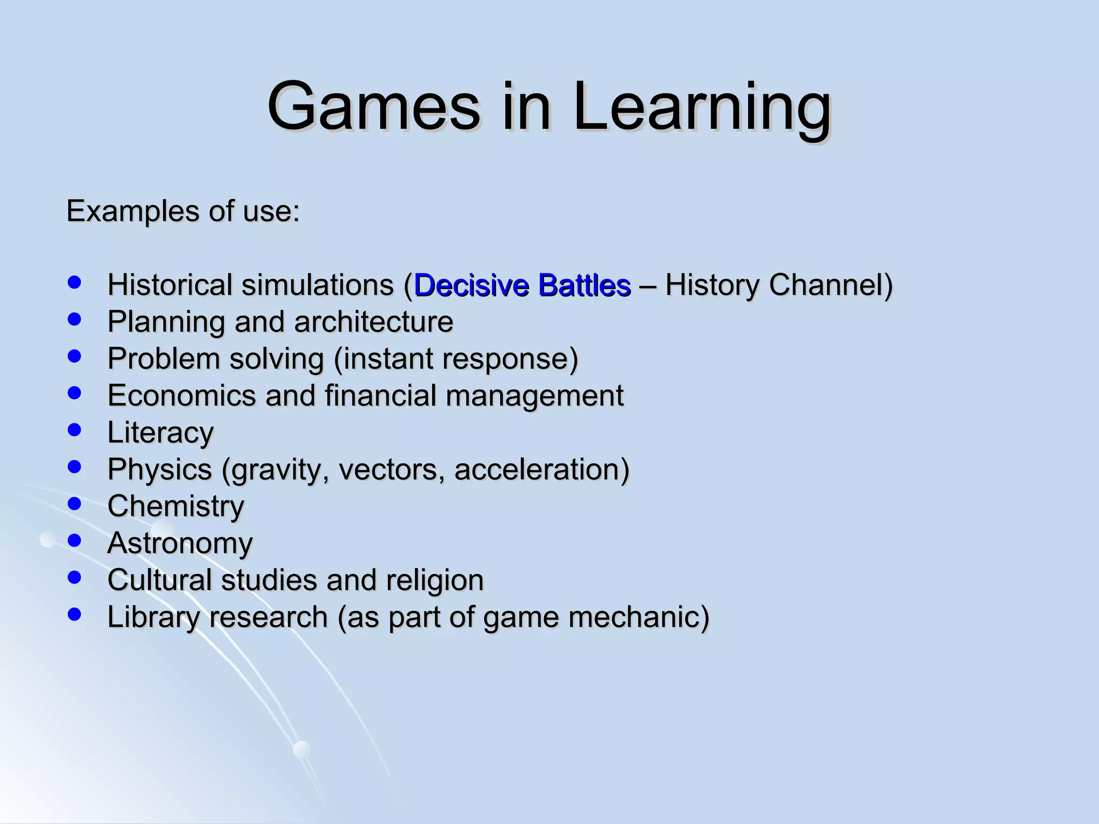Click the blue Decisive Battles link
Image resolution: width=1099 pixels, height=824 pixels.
pyautogui.click(x=522, y=285)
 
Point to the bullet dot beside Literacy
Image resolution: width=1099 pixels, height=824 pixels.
pyautogui.click(x=75, y=429)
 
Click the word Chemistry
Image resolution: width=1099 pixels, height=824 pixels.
pyautogui.click(x=175, y=506)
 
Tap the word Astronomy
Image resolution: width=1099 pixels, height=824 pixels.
pyautogui.click(x=180, y=543)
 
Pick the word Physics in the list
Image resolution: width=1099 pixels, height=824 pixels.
pyautogui.click(x=159, y=469)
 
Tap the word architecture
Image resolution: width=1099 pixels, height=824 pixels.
pyautogui.click(x=373, y=322)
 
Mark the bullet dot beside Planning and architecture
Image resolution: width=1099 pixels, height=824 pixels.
pyautogui.click(x=75, y=319)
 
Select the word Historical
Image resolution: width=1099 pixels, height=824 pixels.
pyautogui.click(x=170, y=285)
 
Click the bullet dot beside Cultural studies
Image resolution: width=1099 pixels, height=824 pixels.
pyautogui.click(x=75, y=577)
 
